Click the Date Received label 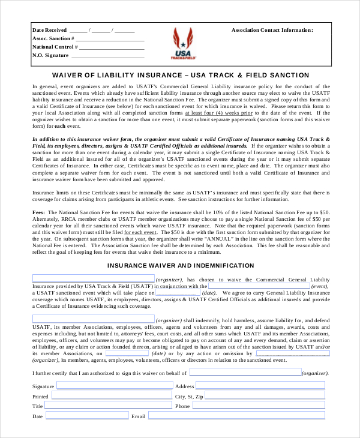[49, 29]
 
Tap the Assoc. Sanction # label [53, 38]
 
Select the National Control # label [53, 46]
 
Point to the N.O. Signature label [50, 55]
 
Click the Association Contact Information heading [272, 29]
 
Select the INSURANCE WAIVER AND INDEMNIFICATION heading [181, 265]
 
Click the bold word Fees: [39, 213]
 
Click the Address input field [260, 386]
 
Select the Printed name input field [109, 396]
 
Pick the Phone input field [260, 406]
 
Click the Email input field [236, 415]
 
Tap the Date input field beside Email [86, 415]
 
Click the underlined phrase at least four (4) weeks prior [218, 113]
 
